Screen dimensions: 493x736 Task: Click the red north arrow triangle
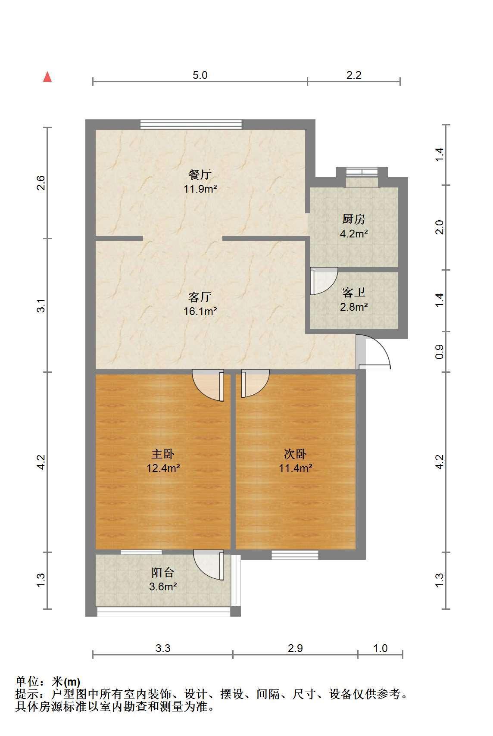pyautogui.click(x=48, y=77)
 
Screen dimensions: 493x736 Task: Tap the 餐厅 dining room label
pyautogui.click(x=200, y=175)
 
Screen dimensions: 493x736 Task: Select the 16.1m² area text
pyautogui.click(x=200, y=311)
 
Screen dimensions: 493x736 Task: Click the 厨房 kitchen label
pyautogui.click(x=354, y=219)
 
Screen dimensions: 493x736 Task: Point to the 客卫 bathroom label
pyautogui.click(x=354, y=293)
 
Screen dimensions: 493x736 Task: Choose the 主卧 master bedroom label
pyautogui.click(x=163, y=454)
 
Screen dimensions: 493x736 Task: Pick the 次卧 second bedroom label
pyautogui.click(x=295, y=454)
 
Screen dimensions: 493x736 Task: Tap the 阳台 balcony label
pyautogui.click(x=163, y=573)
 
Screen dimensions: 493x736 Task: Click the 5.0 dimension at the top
pyautogui.click(x=200, y=75)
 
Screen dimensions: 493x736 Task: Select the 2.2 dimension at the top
pyautogui.click(x=354, y=75)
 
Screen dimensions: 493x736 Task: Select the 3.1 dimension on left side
pyautogui.click(x=41, y=306)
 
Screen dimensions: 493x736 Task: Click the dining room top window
pyautogui.click(x=191, y=125)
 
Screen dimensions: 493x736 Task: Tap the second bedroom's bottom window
pyautogui.click(x=295, y=555)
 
